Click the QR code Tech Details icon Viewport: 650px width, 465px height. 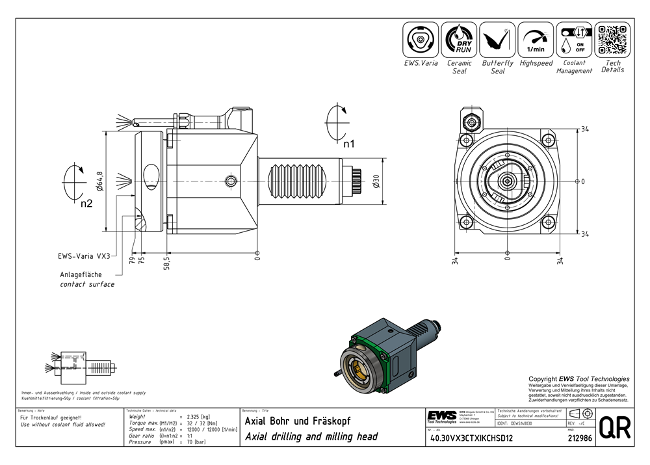pos(612,40)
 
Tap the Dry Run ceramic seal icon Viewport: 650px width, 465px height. pos(459,40)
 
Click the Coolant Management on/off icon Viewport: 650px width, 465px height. pos(574,40)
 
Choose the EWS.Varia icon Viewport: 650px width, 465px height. pos(421,40)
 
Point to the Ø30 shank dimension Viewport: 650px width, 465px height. pos(376,181)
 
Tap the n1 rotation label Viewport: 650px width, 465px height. pos(348,144)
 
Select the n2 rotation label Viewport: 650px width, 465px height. pos(87,203)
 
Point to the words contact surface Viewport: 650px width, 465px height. pos(87,284)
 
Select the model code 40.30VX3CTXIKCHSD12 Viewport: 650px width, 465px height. pos(469,438)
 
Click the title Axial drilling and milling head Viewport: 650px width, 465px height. pos(311,436)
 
